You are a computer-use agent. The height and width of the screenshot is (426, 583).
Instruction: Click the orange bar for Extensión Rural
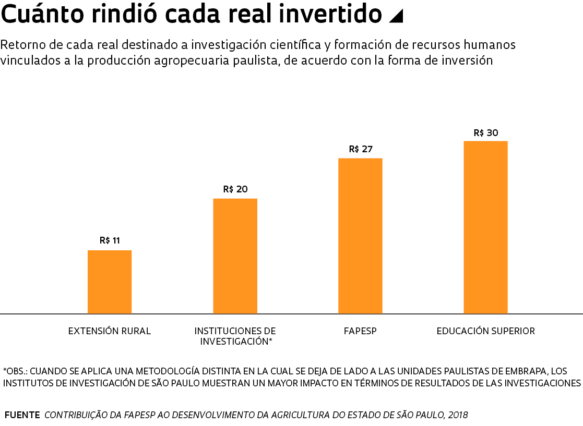click(110, 282)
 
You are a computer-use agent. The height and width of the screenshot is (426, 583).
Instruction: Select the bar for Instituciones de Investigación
click(235, 256)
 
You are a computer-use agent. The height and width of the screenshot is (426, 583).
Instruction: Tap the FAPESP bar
click(360, 236)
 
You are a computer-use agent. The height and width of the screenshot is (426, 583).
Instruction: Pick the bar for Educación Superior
click(485, 227)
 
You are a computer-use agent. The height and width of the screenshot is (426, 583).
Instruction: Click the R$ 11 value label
click(110, 240)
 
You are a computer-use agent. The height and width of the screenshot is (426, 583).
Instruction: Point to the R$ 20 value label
click(235, 189)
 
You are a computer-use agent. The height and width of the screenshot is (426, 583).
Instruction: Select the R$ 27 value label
click(360, 149)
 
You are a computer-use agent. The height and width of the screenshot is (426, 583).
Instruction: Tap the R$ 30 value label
click(485, 133)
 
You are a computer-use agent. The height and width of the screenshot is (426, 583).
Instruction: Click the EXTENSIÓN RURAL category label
click(110, 331)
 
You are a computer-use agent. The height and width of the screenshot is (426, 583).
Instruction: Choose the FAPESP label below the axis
click(360, 331)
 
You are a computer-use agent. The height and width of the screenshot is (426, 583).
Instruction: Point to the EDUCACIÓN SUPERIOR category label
click(485, 331)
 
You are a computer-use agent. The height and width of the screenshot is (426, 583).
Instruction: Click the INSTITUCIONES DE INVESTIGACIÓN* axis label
click(235, 336)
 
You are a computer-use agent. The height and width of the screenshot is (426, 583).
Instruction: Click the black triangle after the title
click(396, 17)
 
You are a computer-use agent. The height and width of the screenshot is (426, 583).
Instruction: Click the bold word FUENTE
click(22, 415)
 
